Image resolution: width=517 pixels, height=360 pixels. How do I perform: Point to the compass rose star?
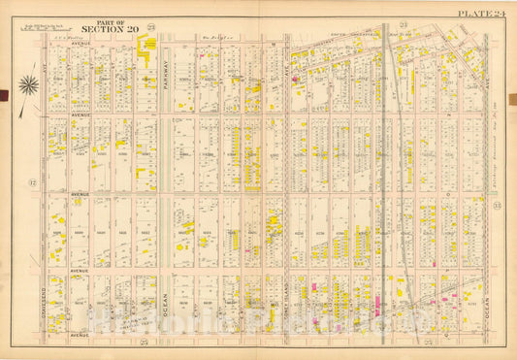point(28,85)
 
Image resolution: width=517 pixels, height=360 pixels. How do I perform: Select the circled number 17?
point(33,183)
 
